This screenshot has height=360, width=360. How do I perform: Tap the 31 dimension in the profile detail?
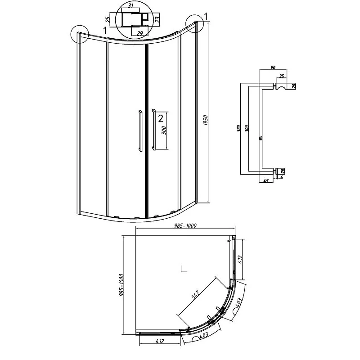[x=130, y=6]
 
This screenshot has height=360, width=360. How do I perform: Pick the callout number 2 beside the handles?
[x=160, y=118]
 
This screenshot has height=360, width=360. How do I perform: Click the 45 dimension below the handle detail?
[x=265, y=181]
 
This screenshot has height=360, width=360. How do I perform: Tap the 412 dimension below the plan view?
[x=159, y=342]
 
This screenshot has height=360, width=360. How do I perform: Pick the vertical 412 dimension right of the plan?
[x=241, y=260]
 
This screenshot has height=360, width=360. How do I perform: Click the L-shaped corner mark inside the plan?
[x=183, y=270]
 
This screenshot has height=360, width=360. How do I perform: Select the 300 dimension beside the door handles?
[x=164, y=130]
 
